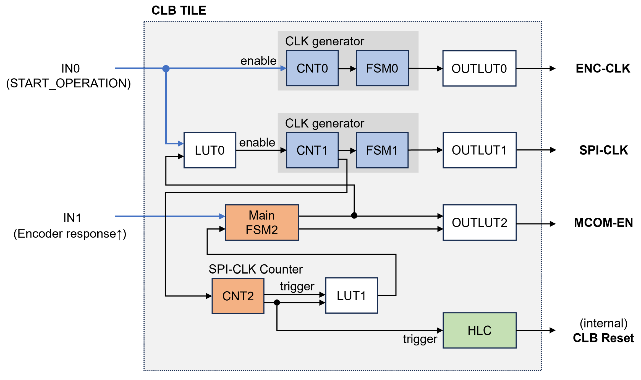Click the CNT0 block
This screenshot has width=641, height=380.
point(312,68)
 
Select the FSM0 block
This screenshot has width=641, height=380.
point(382,68)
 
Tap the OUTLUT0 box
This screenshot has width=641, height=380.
point(479,68)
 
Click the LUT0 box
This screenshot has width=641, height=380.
point(210,150)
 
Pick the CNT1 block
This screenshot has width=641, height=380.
point(312,150)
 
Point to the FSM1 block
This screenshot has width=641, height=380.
point(382,150)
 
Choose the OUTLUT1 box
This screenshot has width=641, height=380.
point(479,150)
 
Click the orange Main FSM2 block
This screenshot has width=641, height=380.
point(261,222)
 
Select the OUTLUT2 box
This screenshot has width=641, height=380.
point(479,222)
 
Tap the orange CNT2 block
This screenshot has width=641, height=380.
point(238,296)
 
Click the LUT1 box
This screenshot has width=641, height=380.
point(351,295)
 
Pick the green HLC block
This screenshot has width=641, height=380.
point(479,330)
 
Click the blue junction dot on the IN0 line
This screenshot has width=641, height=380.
point(166,68)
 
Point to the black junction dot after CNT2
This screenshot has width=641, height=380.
point(277,303)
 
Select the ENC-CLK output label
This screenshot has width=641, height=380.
point(603,68)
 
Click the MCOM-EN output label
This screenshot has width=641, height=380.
point(603,223)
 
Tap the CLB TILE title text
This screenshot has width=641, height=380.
point(179,11)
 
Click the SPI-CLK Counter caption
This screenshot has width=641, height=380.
point(255,269)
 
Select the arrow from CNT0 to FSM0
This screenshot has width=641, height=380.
point(347,69)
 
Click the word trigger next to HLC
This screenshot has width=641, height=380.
point(420,339)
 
